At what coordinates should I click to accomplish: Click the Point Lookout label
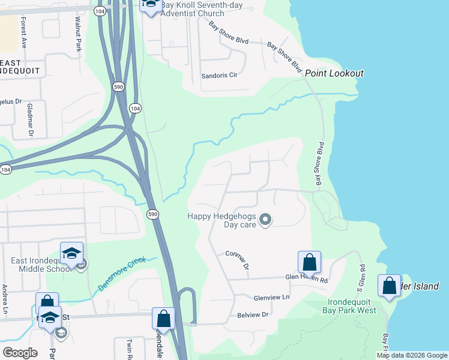334,73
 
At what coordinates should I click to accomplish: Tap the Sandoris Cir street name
220,77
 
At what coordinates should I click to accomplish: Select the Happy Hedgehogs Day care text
221,220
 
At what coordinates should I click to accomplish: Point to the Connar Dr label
237,260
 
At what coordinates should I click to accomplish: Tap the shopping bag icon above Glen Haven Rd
309,262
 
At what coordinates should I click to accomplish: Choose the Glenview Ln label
271,297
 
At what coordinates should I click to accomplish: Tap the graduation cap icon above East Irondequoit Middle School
71,253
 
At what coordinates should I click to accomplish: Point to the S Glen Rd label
362,275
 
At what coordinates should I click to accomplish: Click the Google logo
20,352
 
